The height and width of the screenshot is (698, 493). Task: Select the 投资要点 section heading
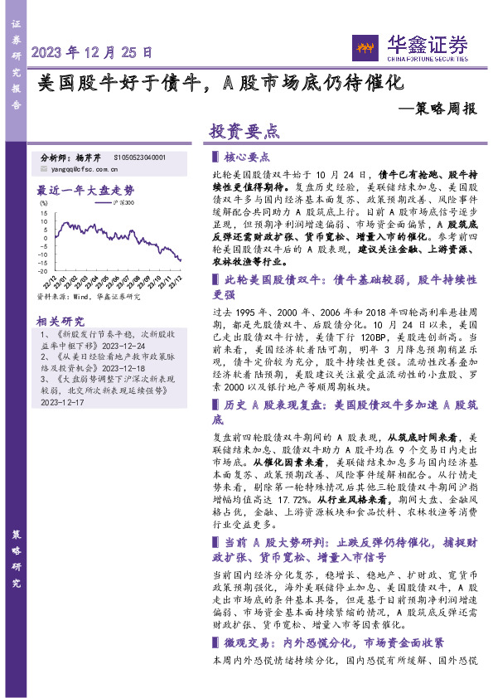(245, 133)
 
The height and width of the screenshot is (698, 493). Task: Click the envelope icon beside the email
(44, 168)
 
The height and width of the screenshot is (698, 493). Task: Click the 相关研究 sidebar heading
(60, 320)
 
